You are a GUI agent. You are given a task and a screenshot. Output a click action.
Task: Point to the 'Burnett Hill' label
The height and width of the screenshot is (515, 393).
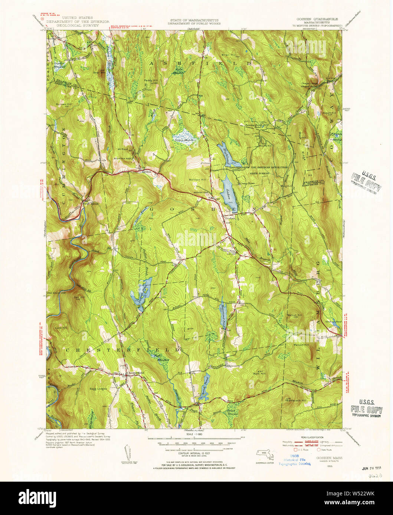[x=64, y=104]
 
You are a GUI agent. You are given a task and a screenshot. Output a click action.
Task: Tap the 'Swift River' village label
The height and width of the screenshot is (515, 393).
[x=87, y=203]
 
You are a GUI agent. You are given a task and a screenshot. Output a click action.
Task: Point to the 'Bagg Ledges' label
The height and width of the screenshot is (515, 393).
[x=98, y=389]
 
